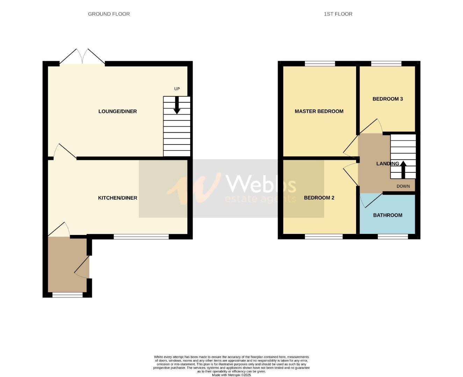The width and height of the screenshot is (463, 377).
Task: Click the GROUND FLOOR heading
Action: pos(109,14)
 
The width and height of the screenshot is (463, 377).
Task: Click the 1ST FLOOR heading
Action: pos(338,14)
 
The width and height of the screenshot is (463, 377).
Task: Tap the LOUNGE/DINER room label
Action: pos(117,111)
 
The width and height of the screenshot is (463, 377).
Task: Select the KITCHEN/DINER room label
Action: pos(117,198)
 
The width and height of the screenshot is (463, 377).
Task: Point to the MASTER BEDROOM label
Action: pos(319,111)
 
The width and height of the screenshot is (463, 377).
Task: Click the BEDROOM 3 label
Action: pos(388,99)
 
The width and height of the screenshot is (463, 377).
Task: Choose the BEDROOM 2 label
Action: pos(319,198)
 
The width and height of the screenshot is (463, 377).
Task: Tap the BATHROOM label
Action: pos(388,215)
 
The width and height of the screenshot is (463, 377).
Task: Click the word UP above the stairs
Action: pos(177,89)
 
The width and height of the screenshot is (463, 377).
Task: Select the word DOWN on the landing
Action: pos(403,186)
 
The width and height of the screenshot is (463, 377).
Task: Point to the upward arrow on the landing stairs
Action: pos(403,169)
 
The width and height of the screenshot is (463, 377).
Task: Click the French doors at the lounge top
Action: pos(82,58)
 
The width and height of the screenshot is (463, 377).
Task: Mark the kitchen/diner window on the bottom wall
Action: pos(141,237)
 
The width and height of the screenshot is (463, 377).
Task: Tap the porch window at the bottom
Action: pos(67,295)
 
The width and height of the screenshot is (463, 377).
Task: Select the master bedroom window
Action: pos(320,64)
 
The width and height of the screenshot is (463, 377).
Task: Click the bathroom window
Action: pos(393,237)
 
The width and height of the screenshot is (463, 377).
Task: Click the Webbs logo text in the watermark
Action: pos(261,184)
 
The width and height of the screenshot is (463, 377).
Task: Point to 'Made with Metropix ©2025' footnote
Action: pos(231,375)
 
